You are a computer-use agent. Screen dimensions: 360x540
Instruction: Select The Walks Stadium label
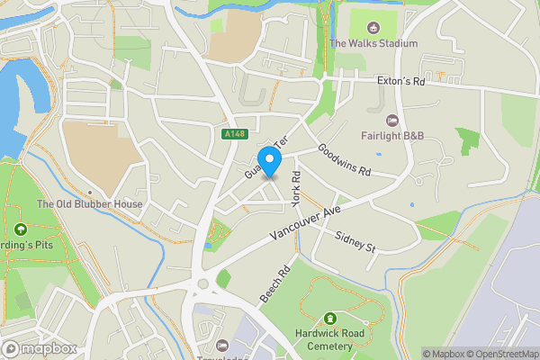coord(374,43)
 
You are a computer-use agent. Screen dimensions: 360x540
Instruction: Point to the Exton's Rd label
coord(401,81)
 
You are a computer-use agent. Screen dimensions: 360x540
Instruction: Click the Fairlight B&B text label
coord(392,137)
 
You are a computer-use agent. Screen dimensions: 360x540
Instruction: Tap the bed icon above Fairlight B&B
coord(391,121)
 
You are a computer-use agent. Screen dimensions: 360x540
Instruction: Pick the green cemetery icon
coord(330,319)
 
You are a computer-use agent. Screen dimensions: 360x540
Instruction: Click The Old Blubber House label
coord(89,204)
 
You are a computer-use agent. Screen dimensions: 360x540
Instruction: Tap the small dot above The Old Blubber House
coord(90,193)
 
